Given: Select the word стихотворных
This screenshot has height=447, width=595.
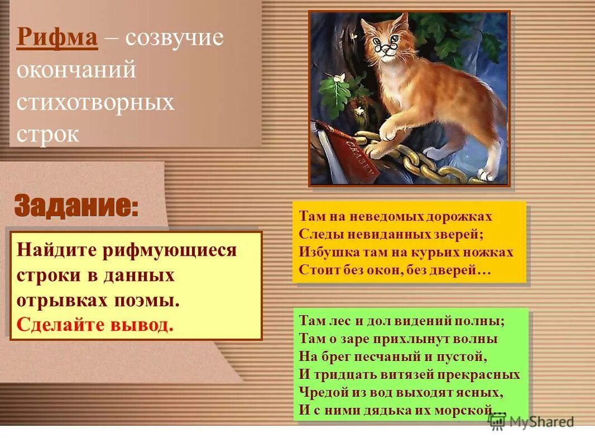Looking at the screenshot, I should [x=95, y=103].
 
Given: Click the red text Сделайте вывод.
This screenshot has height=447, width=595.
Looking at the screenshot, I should [x=95, y=325].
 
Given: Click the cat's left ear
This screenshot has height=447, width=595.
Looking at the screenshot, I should [x=368, y=25].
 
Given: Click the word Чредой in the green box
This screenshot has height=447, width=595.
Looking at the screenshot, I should [x=319, y=392].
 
